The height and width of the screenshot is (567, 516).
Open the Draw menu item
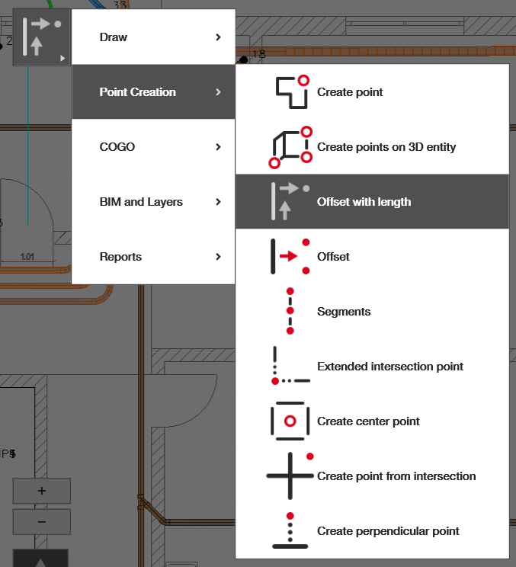(114, 37)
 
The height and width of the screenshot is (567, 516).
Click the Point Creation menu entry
(138, 92)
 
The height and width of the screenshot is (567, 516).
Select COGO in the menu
(117, 147)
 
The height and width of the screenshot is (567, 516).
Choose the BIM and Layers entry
(141, 202)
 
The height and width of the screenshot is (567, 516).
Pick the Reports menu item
(120, 257)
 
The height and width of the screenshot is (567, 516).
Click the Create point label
(350, 92)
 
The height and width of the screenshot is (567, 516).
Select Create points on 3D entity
(386, 147)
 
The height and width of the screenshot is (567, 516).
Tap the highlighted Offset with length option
(364, 202)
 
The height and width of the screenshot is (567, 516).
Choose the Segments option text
(344, 312)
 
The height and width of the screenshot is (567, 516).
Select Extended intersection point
(390, 367)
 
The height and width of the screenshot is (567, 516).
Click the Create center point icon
(290, 421)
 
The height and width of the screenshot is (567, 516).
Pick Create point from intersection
(396, 476)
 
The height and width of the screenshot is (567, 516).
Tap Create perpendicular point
(388, 531)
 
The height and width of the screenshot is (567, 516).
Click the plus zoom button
(41, 491)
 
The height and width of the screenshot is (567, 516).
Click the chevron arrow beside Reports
(218, 257)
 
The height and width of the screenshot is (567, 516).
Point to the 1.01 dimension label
(27, 257)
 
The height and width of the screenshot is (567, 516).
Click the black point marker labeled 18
(243, 59)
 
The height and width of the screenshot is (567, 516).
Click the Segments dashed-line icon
(290, 311)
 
